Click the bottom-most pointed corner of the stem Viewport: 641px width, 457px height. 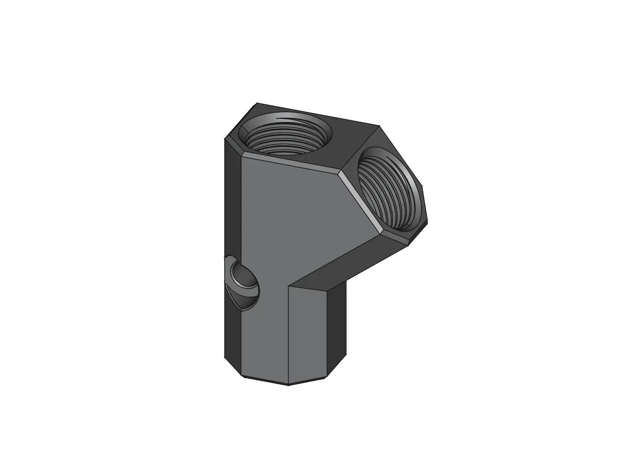[x=288, y=385]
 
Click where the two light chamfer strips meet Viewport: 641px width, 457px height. [x=339, y=172]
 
